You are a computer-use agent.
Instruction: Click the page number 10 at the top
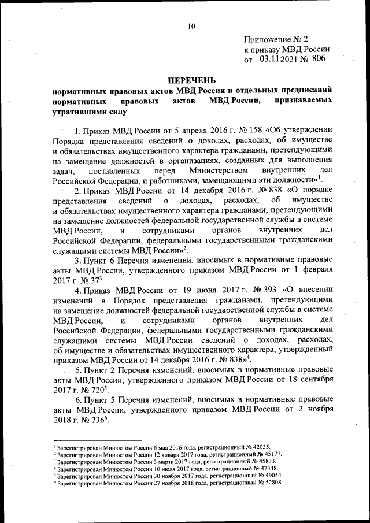191,25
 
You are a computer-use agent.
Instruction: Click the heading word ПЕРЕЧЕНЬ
191,79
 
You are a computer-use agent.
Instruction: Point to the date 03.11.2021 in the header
276,58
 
